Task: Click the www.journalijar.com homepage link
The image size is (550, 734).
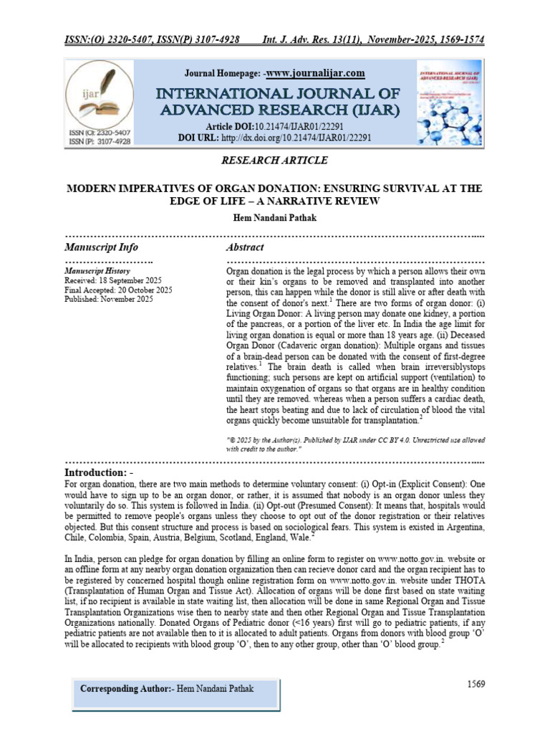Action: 316,73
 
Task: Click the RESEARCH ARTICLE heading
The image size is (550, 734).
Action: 274,160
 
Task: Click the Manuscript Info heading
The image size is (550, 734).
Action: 101,247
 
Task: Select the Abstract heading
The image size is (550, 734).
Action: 245,247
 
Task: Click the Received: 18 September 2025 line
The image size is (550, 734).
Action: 113,281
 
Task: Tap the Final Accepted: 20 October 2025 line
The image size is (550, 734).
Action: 118,290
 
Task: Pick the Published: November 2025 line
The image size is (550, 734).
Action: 109,300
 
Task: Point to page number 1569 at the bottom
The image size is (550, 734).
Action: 476,684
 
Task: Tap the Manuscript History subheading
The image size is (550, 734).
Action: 97,272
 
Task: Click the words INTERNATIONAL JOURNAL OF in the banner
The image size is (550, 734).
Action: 275,94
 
